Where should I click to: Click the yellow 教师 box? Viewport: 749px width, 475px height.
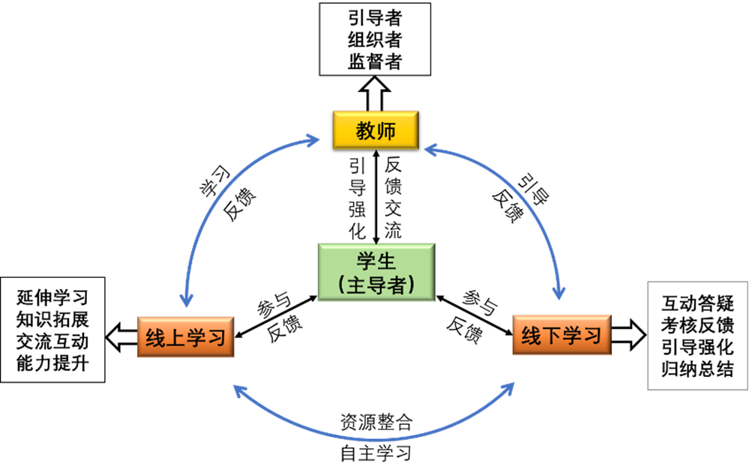click(x=375, y=130)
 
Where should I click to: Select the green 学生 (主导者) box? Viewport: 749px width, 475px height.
click(x=376, y=272)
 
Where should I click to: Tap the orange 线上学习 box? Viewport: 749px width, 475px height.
click(x=185, y=337)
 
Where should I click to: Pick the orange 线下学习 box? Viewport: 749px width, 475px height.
click(x=562, y=335)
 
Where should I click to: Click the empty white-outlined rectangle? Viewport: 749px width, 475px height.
click(x=697, y=336)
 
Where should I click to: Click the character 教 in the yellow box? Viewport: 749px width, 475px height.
click(x=364, y=131)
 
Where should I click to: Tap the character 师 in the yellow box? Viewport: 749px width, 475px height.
click(x=385, y=131)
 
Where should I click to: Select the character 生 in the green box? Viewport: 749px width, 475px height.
click(x=386, y=261)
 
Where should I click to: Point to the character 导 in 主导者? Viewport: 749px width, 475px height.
click(x=376, y=285)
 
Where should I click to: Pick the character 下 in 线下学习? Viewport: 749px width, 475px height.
click(x=552, y=336)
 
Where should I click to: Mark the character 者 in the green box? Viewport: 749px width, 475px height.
click(x=396, y=285)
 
